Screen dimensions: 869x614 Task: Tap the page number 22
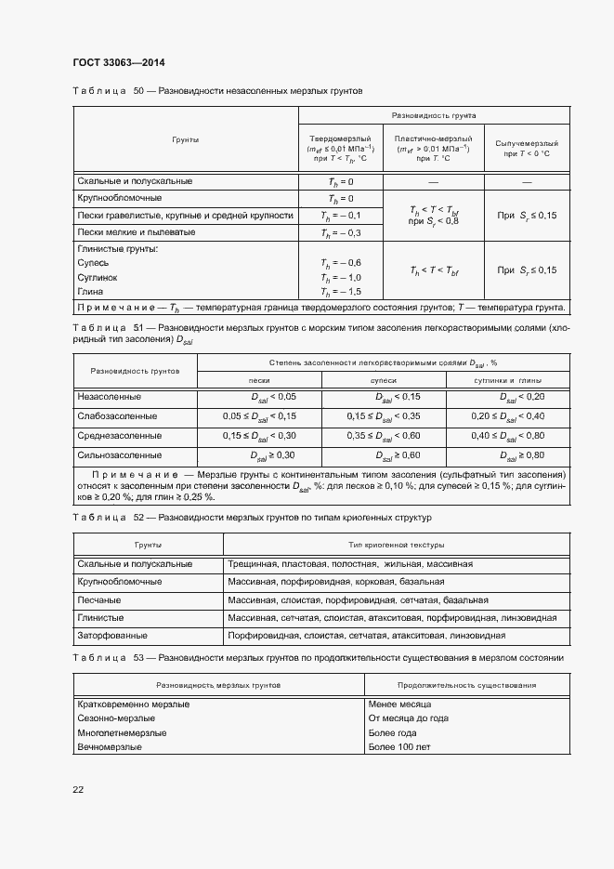pyautogui.click(x=78, y=789)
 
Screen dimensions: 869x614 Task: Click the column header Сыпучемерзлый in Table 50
pyautogui.click(x=527, y=144)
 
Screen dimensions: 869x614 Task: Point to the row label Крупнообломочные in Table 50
pyautogui.click(x=119, y=198)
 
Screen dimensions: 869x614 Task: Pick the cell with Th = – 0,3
pyautogui.click(x=340, y=232)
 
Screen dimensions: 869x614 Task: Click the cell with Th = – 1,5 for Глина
pyautogui.click(x=340, y=292)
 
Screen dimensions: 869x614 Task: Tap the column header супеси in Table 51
pyautogui.click(x=384, y=380)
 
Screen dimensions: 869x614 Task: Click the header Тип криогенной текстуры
pyautogui.click(x=396, y=544)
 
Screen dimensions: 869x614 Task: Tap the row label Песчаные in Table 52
pyautogui.click(x=99, y=599)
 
